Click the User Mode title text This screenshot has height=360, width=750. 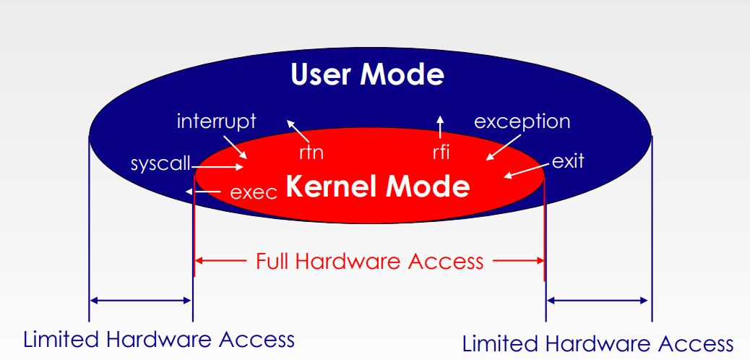367,74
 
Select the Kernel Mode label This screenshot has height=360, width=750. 378,187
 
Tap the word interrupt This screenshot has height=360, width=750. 216,121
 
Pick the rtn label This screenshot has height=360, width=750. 311,153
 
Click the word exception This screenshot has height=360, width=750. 522,121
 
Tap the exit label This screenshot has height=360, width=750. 567,160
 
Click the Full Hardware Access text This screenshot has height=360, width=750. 369,261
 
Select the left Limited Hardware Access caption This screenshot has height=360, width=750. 159,339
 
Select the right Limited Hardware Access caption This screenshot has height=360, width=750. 598,343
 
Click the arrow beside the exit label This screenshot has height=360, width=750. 527,171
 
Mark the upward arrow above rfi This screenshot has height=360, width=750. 441,127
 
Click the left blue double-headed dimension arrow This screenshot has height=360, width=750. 141,300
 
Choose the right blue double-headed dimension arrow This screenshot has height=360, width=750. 598,299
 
